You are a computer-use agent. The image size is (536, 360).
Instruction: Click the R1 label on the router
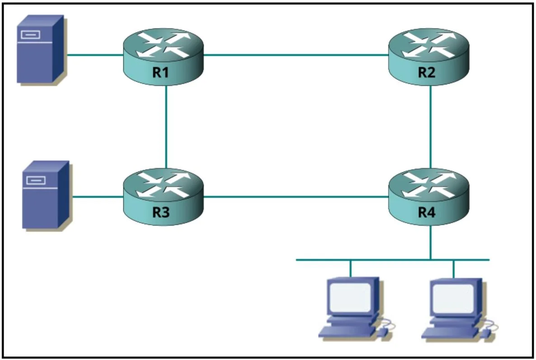(x=160, y=72)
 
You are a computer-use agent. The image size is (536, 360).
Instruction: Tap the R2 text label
(x=427, y=72)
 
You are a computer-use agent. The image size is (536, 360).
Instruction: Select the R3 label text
(x=160, y=212)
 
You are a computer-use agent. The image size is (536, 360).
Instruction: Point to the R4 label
(x=427, y=212)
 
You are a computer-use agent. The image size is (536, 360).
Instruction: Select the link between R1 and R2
(x=296, y=55)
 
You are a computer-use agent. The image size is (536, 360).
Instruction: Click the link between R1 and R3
(x=166, y=127)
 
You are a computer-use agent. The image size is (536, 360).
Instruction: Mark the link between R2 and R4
(x=430, y=127)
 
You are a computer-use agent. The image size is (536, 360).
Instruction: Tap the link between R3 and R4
(x=296, y=197)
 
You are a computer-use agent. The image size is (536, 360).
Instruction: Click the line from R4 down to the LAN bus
(x=430, y=242)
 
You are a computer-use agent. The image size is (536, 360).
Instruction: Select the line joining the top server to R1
(x=95, y=55)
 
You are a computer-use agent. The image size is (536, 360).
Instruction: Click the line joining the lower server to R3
(x=98, y=197)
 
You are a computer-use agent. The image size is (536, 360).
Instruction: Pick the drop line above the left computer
(x=350, y=269)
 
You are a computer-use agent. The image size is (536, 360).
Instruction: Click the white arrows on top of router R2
(x=429, y=44)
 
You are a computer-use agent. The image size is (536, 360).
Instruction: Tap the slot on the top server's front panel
(x=30, y=35)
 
